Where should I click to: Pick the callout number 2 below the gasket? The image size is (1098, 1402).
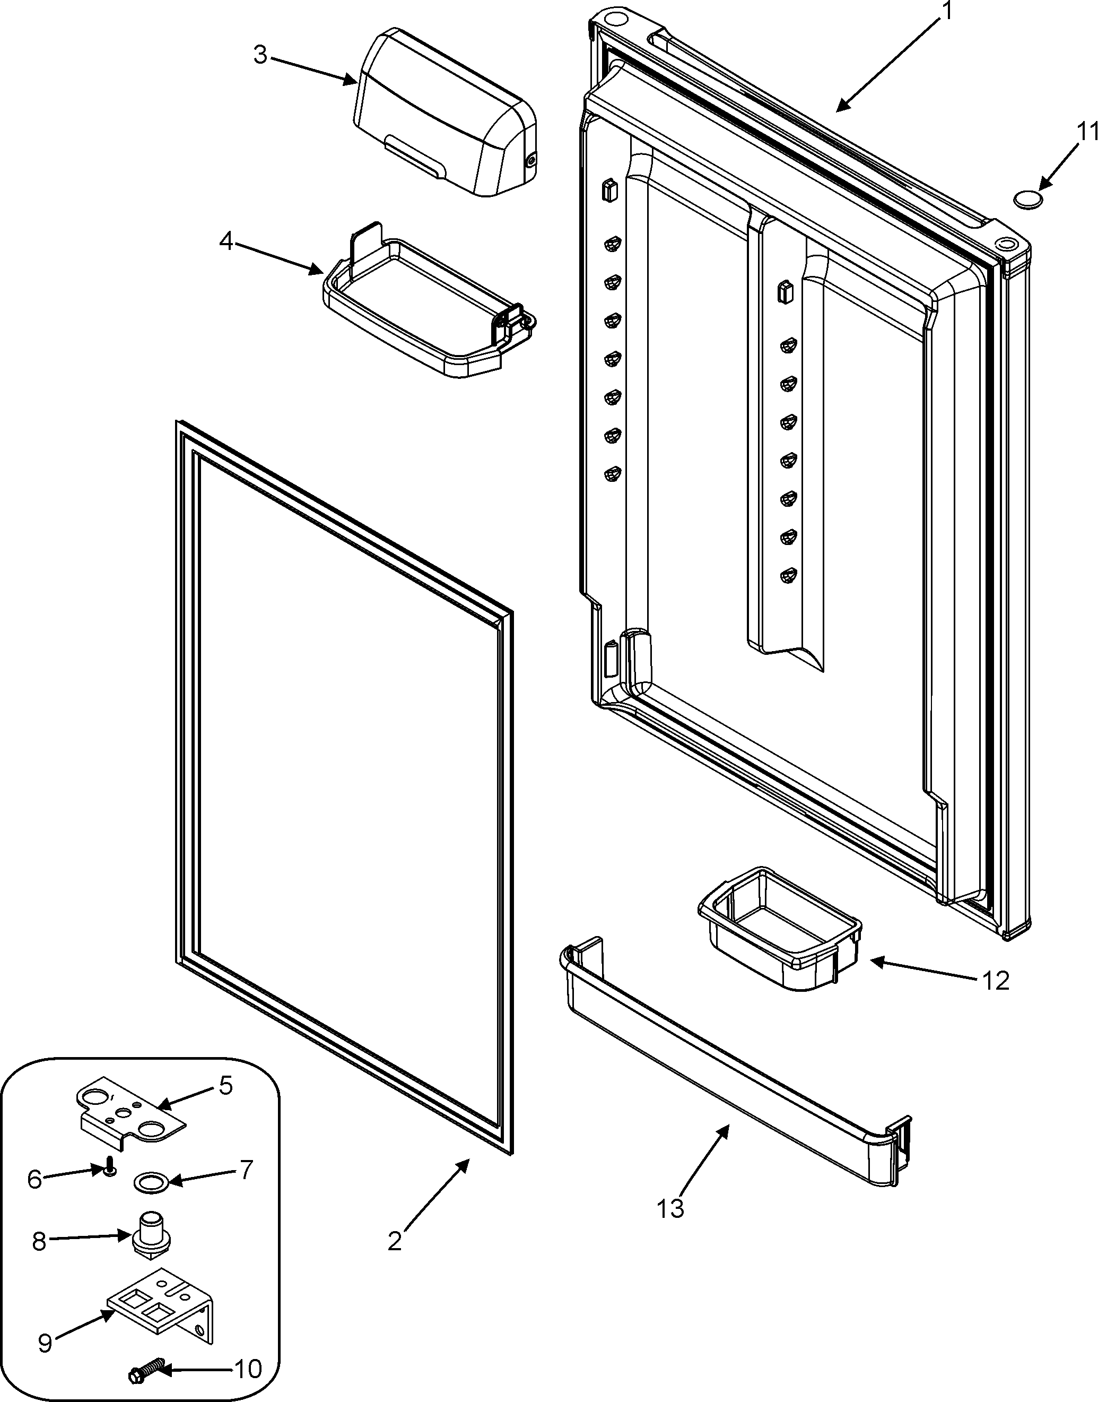tap(394, 1241)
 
